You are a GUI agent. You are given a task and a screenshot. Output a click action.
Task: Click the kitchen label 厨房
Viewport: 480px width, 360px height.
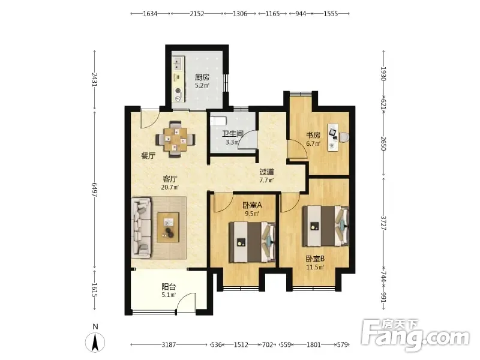pos(202,77)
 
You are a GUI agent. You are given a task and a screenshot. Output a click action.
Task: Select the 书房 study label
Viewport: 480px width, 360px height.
pos(313,135)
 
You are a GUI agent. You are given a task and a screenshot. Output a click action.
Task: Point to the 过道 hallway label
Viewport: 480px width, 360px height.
pos(266,172)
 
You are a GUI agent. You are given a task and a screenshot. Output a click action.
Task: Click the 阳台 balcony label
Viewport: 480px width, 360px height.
pos(169,287)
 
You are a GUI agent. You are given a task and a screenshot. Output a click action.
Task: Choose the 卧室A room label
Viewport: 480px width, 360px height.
pos(252,205)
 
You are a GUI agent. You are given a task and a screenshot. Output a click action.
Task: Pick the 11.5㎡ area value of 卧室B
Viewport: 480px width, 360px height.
pos(315,267)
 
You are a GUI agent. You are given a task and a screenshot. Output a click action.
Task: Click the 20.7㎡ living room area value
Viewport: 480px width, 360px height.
pos(170,187)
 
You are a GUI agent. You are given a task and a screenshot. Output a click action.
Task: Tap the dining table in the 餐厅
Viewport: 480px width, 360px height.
pos(175,140)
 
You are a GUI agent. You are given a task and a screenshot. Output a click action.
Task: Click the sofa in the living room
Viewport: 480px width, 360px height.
pos(141,228)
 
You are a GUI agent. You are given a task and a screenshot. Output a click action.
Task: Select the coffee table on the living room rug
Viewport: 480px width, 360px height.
pos(168,227)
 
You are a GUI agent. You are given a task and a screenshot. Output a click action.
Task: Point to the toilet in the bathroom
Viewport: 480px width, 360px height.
pos(218,121)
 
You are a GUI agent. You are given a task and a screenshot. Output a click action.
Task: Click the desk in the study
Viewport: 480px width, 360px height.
pos(333,137)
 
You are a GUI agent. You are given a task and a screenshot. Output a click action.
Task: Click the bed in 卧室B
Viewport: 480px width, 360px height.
pos(325,226)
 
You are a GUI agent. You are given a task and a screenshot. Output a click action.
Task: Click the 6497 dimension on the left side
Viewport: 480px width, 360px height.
pos(95,190)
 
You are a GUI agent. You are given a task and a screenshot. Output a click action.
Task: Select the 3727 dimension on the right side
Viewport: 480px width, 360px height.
pos(383,223)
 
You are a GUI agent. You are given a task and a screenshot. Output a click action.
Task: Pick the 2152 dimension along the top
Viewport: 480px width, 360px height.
pos(197,13)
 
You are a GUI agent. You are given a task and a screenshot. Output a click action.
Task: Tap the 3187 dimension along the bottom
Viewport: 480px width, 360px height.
pos(169,344)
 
